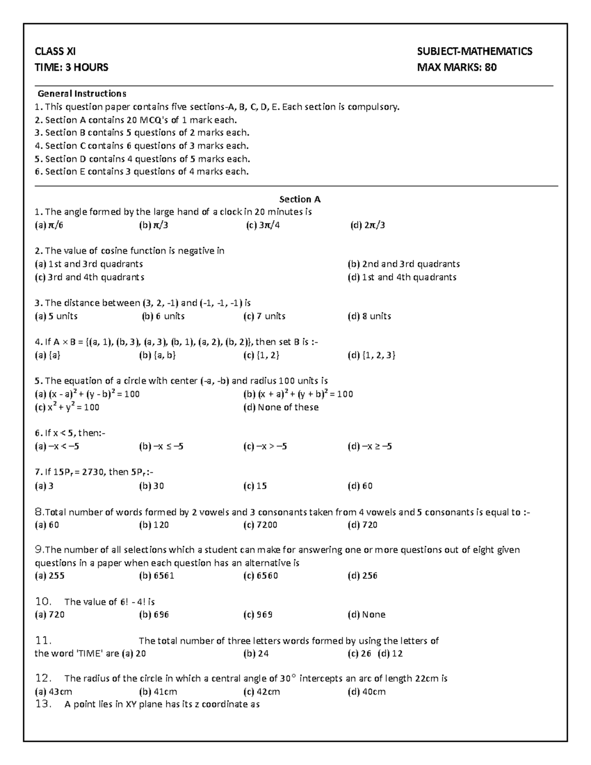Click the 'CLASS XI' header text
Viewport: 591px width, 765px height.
(55, 51)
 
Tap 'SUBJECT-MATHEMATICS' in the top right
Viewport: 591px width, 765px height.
(474, 51)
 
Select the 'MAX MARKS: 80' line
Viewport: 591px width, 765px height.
(457, 67)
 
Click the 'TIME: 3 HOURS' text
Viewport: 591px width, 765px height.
(71, 67)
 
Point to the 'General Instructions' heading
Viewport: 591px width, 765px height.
(82, 94)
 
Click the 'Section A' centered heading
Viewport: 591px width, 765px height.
(299, 199)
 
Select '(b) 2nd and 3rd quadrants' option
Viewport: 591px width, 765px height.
(403, 264)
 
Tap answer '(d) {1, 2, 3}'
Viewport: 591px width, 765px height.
(371, 355)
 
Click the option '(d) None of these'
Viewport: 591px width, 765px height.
(281, 407)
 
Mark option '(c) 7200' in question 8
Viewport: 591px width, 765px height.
(260, 525)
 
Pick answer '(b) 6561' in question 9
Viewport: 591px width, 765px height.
(157, 576)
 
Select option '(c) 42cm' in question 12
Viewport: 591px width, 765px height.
(262, 692)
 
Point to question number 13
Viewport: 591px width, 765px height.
(43, 704)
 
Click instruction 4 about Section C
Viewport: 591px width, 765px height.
(142, 146)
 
